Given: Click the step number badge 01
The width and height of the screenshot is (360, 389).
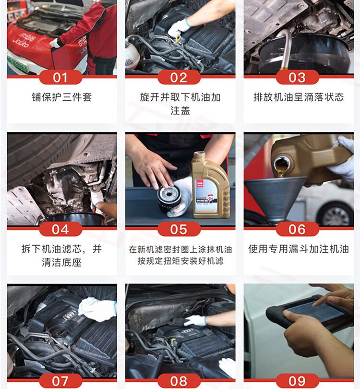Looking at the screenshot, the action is pyautogui.click(x=60, y=77).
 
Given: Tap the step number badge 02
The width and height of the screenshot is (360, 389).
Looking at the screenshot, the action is pyautogui.click(x=179, y=77).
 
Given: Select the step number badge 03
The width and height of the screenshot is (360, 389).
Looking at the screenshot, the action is pyautogui.click(x=298, y=77).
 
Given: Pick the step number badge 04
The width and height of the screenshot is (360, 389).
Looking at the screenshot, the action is pyautogui.click(x=60, y=229).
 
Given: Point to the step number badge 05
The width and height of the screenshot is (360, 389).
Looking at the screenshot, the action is pyautogui.click(x=179, y=229).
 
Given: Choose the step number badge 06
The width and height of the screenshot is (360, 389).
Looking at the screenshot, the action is pyautogui.click(x=298, y=229).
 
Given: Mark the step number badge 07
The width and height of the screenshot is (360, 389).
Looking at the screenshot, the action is pyautogui.click(x=60, y=381).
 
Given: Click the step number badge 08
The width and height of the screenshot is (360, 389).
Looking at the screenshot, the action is pyautogui.click(x=179, y=381).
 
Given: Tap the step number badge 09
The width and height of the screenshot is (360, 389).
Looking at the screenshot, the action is pyautogui.click(x=298, y=381).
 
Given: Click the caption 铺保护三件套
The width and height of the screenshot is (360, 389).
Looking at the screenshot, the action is pyautogui.click(x=62, y=97).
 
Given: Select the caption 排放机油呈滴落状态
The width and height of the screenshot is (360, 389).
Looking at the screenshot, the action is pyautogui.click(x=299, y=97).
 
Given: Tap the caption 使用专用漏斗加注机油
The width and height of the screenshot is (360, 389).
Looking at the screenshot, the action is pyautogui.click(x=299, y=249).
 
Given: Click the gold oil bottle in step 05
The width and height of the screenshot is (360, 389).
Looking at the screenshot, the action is pyautogui.click(x=210, y=186).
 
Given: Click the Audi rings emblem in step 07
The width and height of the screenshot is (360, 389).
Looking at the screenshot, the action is pyautogui.click(x=69, y=316).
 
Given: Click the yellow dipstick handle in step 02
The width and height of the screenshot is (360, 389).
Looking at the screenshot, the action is pyautogui.click(x=178, y=39).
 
